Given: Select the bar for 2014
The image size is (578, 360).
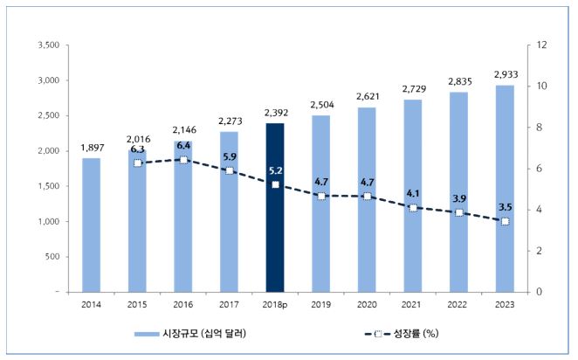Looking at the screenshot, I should [x=91, y=225].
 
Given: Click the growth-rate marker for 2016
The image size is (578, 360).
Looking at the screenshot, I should [x=183, y=161].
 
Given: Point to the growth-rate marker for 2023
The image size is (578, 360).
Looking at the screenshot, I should [x=505, y=221].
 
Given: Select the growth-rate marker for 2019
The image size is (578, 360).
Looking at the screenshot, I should [x=320, y=196].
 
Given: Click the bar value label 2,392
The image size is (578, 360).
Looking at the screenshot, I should [x=275, y=112].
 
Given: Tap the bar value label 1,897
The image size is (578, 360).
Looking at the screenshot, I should [x=91, y=147].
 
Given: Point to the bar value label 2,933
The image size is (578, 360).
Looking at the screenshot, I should [x=504, y=74].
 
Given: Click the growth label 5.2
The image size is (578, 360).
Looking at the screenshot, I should [x=275, y=170].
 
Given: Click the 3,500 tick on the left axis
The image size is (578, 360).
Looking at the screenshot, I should [x=47, y=45].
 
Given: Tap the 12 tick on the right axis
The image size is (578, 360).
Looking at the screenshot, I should [x=541, y=45].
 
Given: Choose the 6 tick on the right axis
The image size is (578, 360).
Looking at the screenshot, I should [x=539, y=169].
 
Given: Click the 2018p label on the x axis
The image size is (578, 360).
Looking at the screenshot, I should [x=275, y=305].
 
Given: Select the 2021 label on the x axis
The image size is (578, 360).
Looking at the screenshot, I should [x=412, y=305].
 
